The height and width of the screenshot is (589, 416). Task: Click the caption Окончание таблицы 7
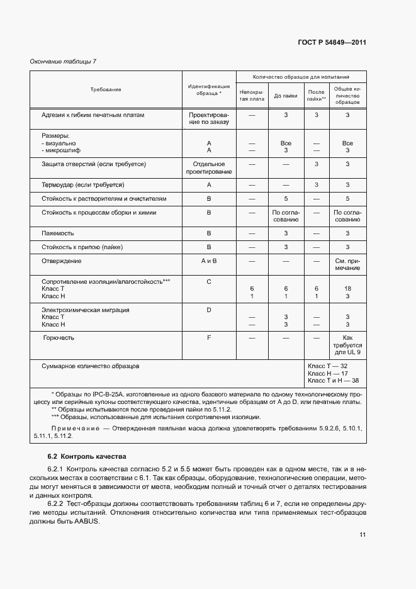(64, 61)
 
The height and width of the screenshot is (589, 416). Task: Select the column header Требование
(106, 90)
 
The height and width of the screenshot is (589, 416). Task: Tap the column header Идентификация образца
(209, 90)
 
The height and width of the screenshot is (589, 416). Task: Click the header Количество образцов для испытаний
(301, 76)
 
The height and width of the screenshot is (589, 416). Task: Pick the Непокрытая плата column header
(252, 95)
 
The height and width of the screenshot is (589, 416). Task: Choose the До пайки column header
(286, 96)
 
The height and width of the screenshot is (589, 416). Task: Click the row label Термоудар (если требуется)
(82, 185)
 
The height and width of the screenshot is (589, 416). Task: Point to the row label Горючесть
(59, 338)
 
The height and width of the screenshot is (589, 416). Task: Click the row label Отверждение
(62, 261)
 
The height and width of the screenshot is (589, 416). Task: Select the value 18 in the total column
(347, 288)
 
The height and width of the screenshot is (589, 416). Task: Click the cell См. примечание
(347, 264)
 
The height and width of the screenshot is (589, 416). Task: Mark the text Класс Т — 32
(327, 366)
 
